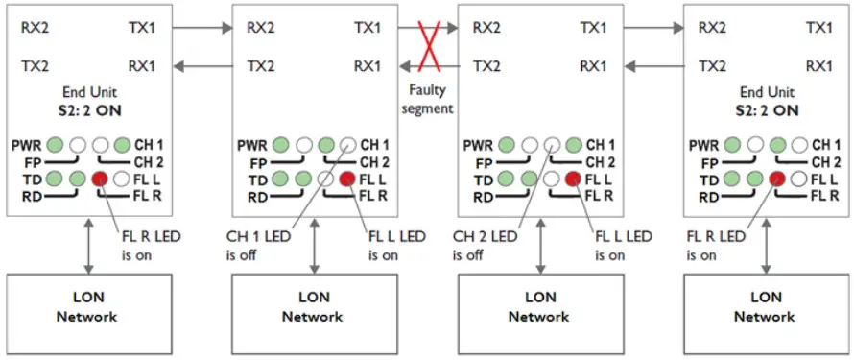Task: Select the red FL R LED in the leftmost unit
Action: (99, 179)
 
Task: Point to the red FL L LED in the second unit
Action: (347, 179)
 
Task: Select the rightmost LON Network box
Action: (765, 308)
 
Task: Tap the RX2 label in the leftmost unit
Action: (35, 28)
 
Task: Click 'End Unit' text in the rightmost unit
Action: (765, 92)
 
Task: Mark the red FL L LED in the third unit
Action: (574, 179)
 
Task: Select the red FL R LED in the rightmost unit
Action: (776, 179)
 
